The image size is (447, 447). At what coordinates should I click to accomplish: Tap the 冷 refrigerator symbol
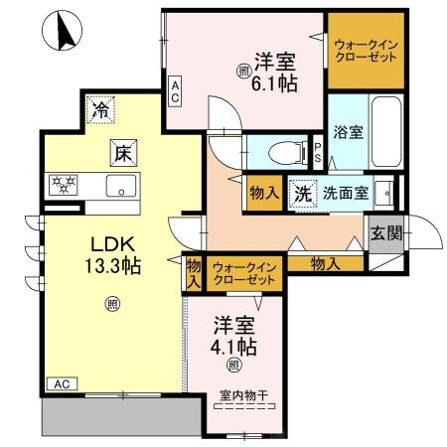(100, 110)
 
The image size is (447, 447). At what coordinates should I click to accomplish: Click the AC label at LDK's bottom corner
(60, 383)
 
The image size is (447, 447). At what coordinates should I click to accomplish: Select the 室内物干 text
(243, 394)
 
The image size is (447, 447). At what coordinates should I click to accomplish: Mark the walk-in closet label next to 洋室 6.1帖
(368, 51)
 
